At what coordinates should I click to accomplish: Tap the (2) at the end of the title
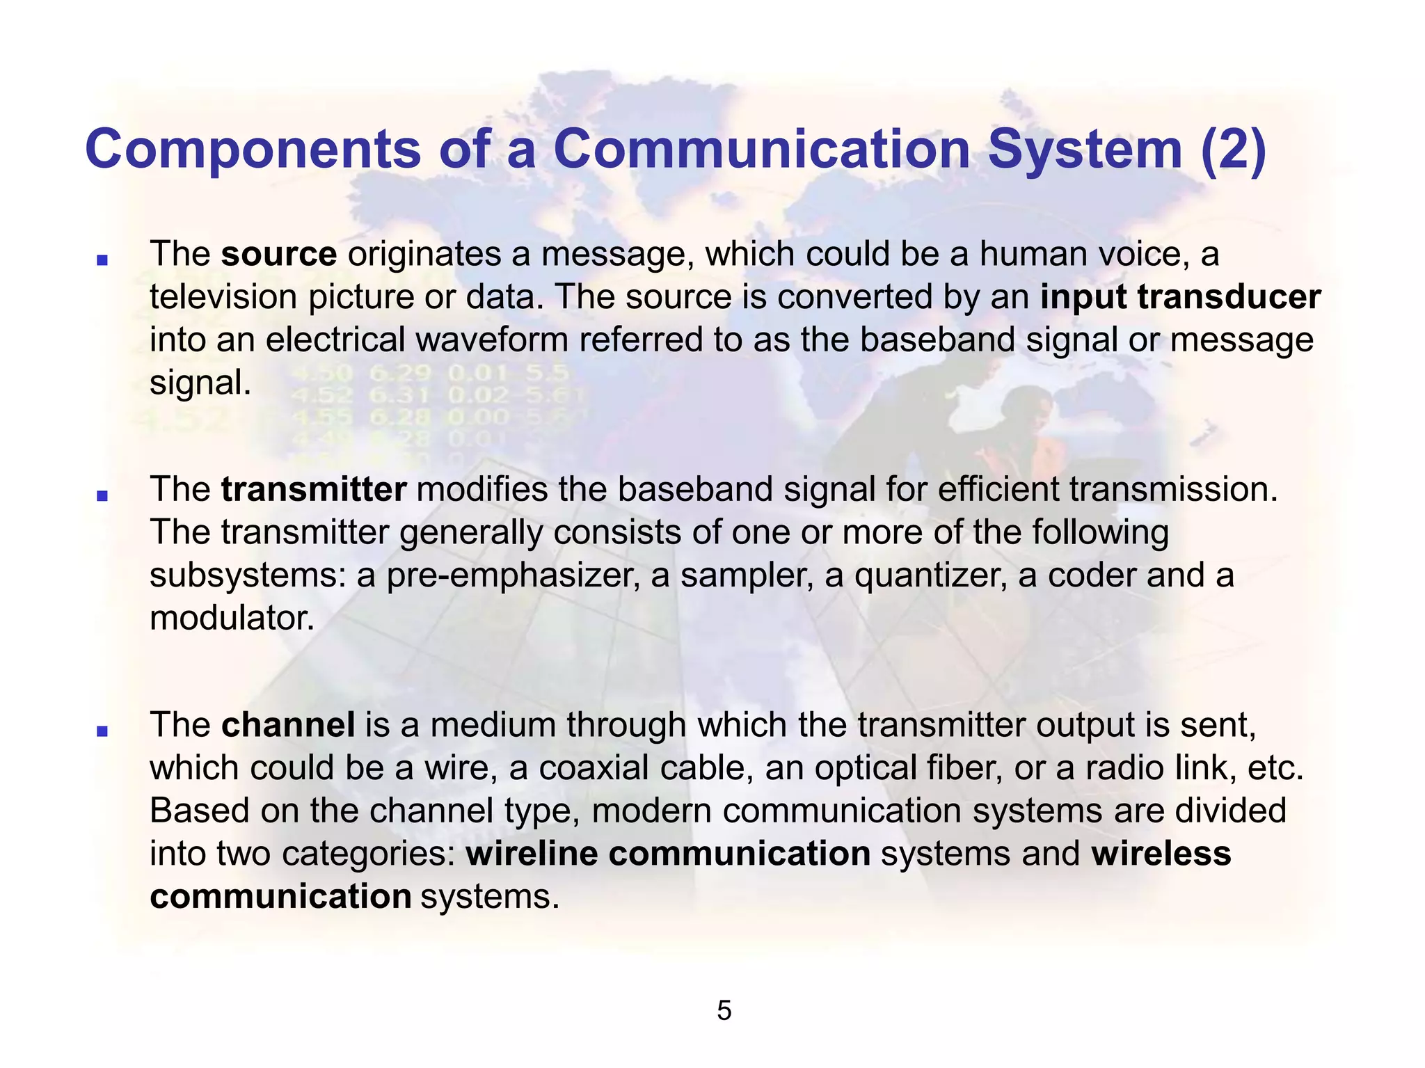click(1233, 151)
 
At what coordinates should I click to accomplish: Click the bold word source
click(279, 255)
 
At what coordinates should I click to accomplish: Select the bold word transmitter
click(314, 490)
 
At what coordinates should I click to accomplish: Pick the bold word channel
click(288, 725)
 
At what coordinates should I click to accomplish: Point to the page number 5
click(724, 1011)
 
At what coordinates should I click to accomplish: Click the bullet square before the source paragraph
click(102, 260)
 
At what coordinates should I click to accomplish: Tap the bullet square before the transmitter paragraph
click(102, 495)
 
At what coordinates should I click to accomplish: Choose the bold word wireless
click(1161, 854)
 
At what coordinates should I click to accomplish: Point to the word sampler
click(745, 577)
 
